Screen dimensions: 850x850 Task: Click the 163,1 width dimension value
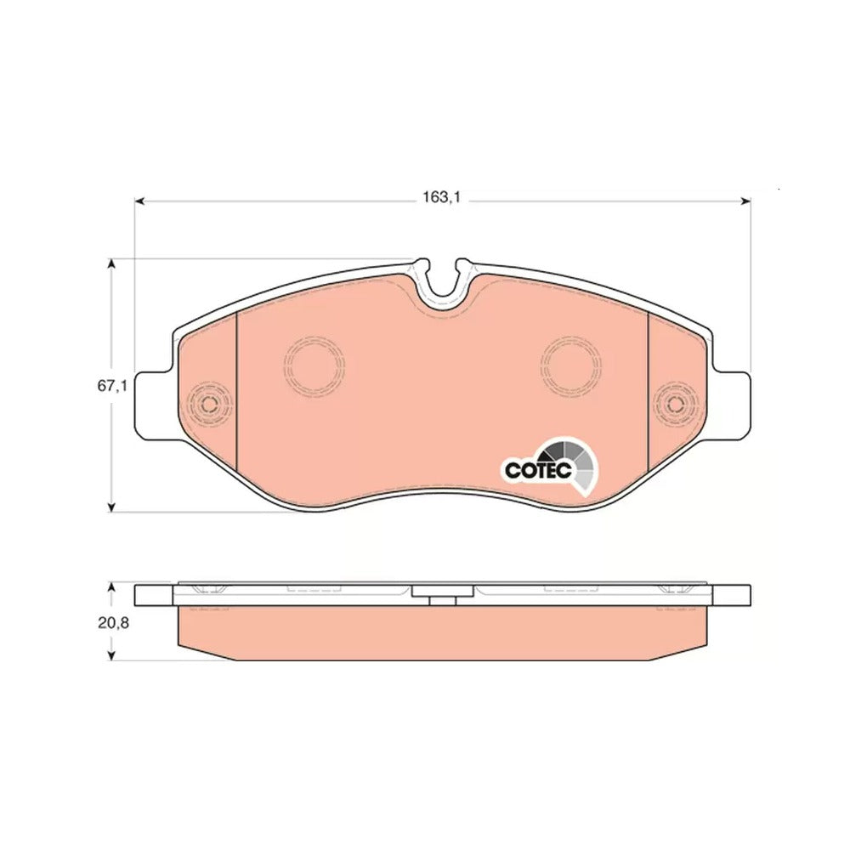pos(441,197)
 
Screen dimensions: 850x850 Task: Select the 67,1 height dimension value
pos(111,387)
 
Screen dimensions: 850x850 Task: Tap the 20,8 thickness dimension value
pos(113,623)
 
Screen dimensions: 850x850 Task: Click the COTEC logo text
pos(538,470)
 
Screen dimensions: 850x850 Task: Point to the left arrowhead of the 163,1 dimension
pos(139,201)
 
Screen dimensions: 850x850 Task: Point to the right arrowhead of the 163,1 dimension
pos(746,201)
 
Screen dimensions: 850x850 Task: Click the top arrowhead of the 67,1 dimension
pos(111,264)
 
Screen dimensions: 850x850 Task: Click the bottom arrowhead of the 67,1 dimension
pos(111,507)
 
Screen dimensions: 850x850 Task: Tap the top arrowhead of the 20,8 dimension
pos(111,588)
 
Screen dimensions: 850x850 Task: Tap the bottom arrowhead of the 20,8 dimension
pos(111,655)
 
